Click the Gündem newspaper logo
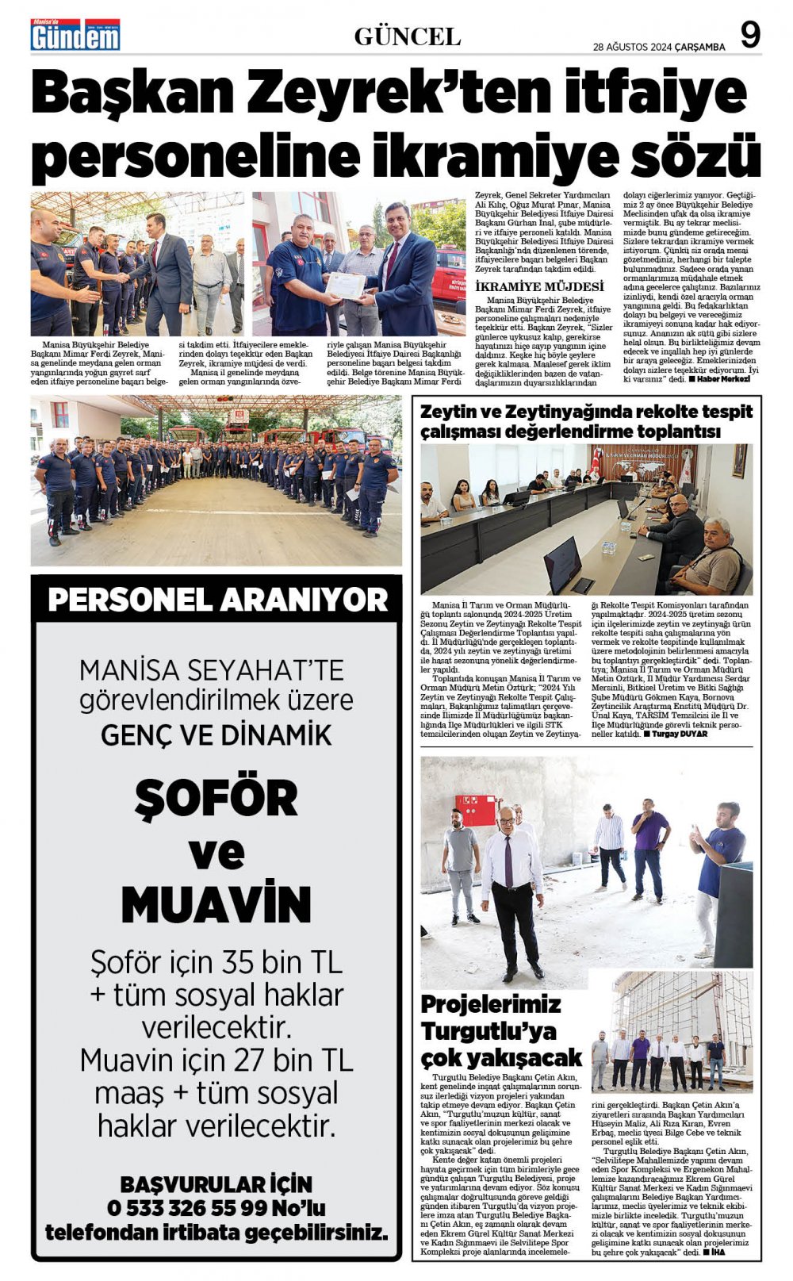[x=75, y=36]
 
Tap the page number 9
[x=749, y=36]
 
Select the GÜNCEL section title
[x=407, y=36]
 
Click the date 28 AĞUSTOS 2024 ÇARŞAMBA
[x=659, y=47]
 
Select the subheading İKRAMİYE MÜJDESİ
[x=538, y=286]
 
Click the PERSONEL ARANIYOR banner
[x=217, y=600]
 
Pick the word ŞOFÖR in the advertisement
[x=216, y=798]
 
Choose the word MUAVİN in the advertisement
[x=216, y=904]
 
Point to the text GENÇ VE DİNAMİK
[x=216, y=735]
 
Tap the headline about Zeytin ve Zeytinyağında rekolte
[x=586, y=421]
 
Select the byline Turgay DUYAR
[x=680, y=734]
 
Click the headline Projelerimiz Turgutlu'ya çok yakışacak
[x=500, y=1030]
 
